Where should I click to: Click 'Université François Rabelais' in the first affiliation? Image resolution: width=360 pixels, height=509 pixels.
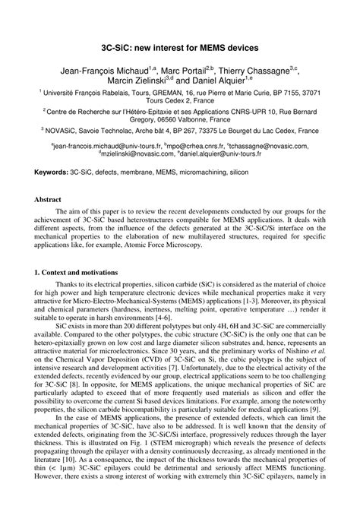click(84, 91)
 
